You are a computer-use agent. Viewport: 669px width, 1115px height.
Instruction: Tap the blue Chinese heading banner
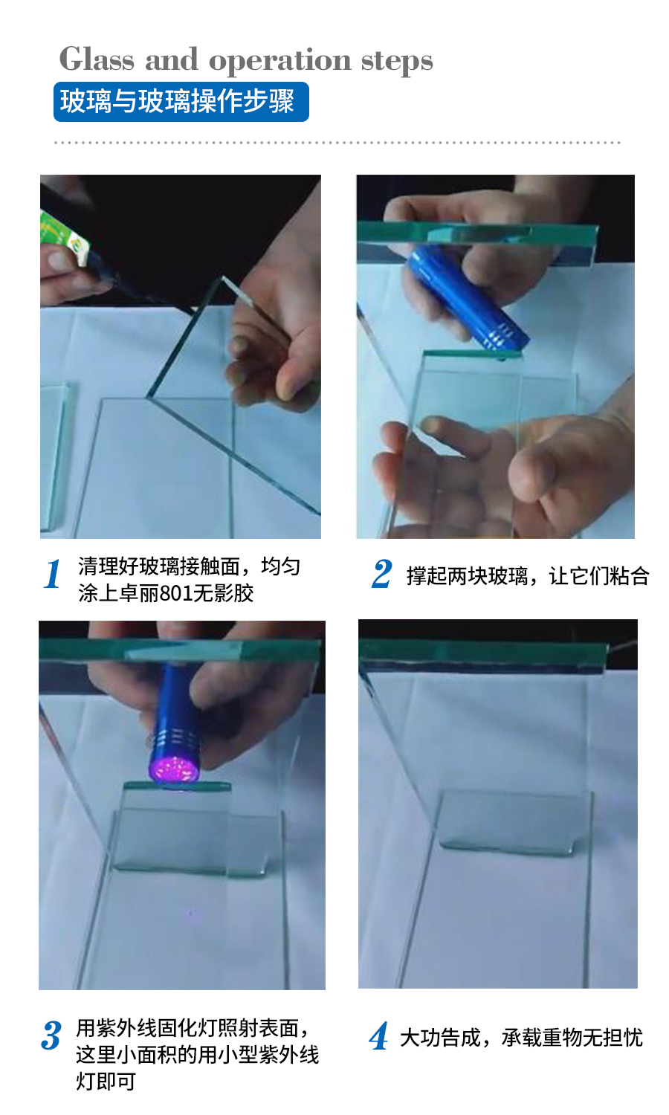[181, 102]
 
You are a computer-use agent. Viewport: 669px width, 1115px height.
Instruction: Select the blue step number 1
[52, 573]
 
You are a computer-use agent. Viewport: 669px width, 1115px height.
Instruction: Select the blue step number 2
[382, 573]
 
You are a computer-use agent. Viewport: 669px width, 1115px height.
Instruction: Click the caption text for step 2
[528, 576]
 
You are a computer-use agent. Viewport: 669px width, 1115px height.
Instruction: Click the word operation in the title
[279, 62]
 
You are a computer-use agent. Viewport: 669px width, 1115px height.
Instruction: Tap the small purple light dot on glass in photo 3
[190, 914]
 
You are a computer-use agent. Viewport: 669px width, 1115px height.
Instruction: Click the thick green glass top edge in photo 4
[483, 654]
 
